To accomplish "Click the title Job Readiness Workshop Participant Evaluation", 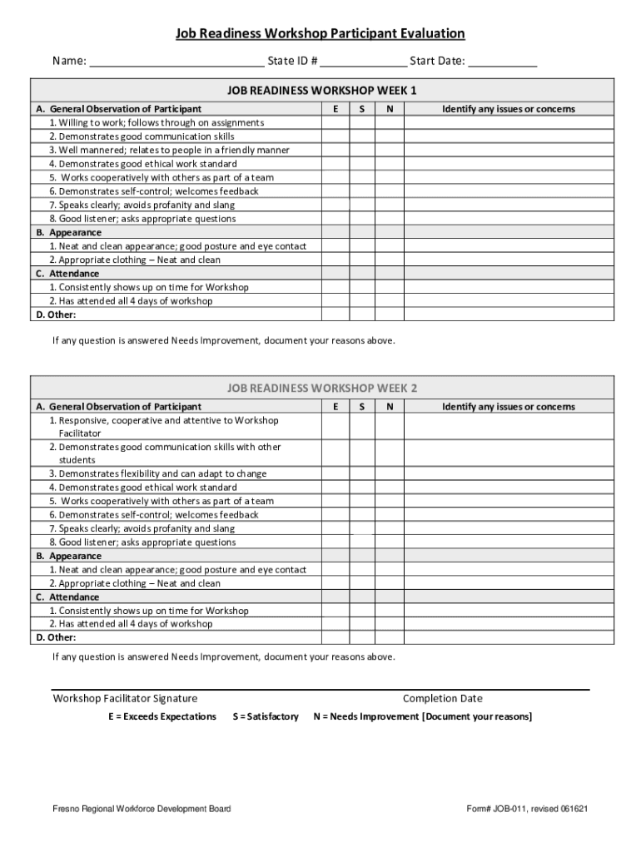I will tap(320, 33).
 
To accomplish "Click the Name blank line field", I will tap(176, 62).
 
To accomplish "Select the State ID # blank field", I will tap(363, 62).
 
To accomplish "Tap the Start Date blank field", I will tap(502, 62).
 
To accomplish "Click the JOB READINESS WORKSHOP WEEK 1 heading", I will tap(322, 90).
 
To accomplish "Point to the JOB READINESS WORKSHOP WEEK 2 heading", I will tap(322, 388).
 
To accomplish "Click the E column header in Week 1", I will tap(335, 109).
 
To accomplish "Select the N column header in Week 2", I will tap(389, 407).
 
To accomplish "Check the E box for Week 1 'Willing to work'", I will tap(335, 123).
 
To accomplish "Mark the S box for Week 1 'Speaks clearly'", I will tap(362, 205).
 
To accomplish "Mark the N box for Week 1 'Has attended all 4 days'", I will tap(389, 301).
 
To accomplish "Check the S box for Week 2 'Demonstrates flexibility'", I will tap(362, 473).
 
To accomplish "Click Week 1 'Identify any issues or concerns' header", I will tap(508, 109).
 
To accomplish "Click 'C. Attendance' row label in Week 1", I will tap(67, 274).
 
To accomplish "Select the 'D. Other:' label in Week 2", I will tap(55, 637).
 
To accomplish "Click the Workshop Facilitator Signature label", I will tap(125, 698).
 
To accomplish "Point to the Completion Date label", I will tap(442, 698).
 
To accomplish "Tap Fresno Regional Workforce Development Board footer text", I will tap(142, 809).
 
